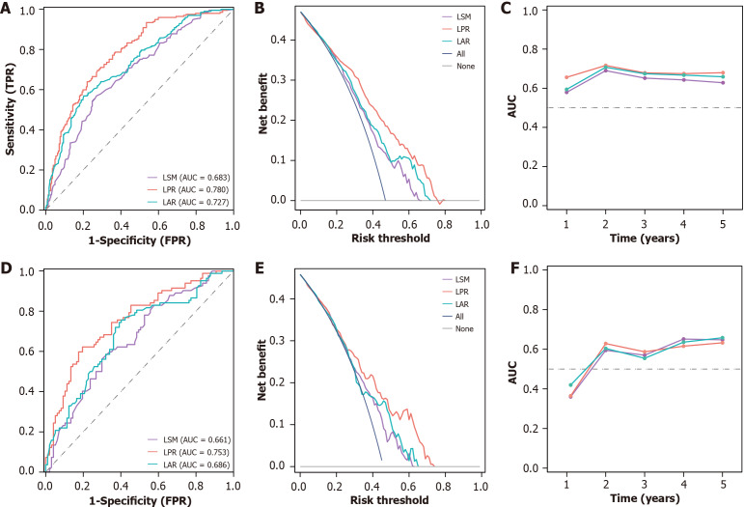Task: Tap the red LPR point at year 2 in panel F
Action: (604, 344)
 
